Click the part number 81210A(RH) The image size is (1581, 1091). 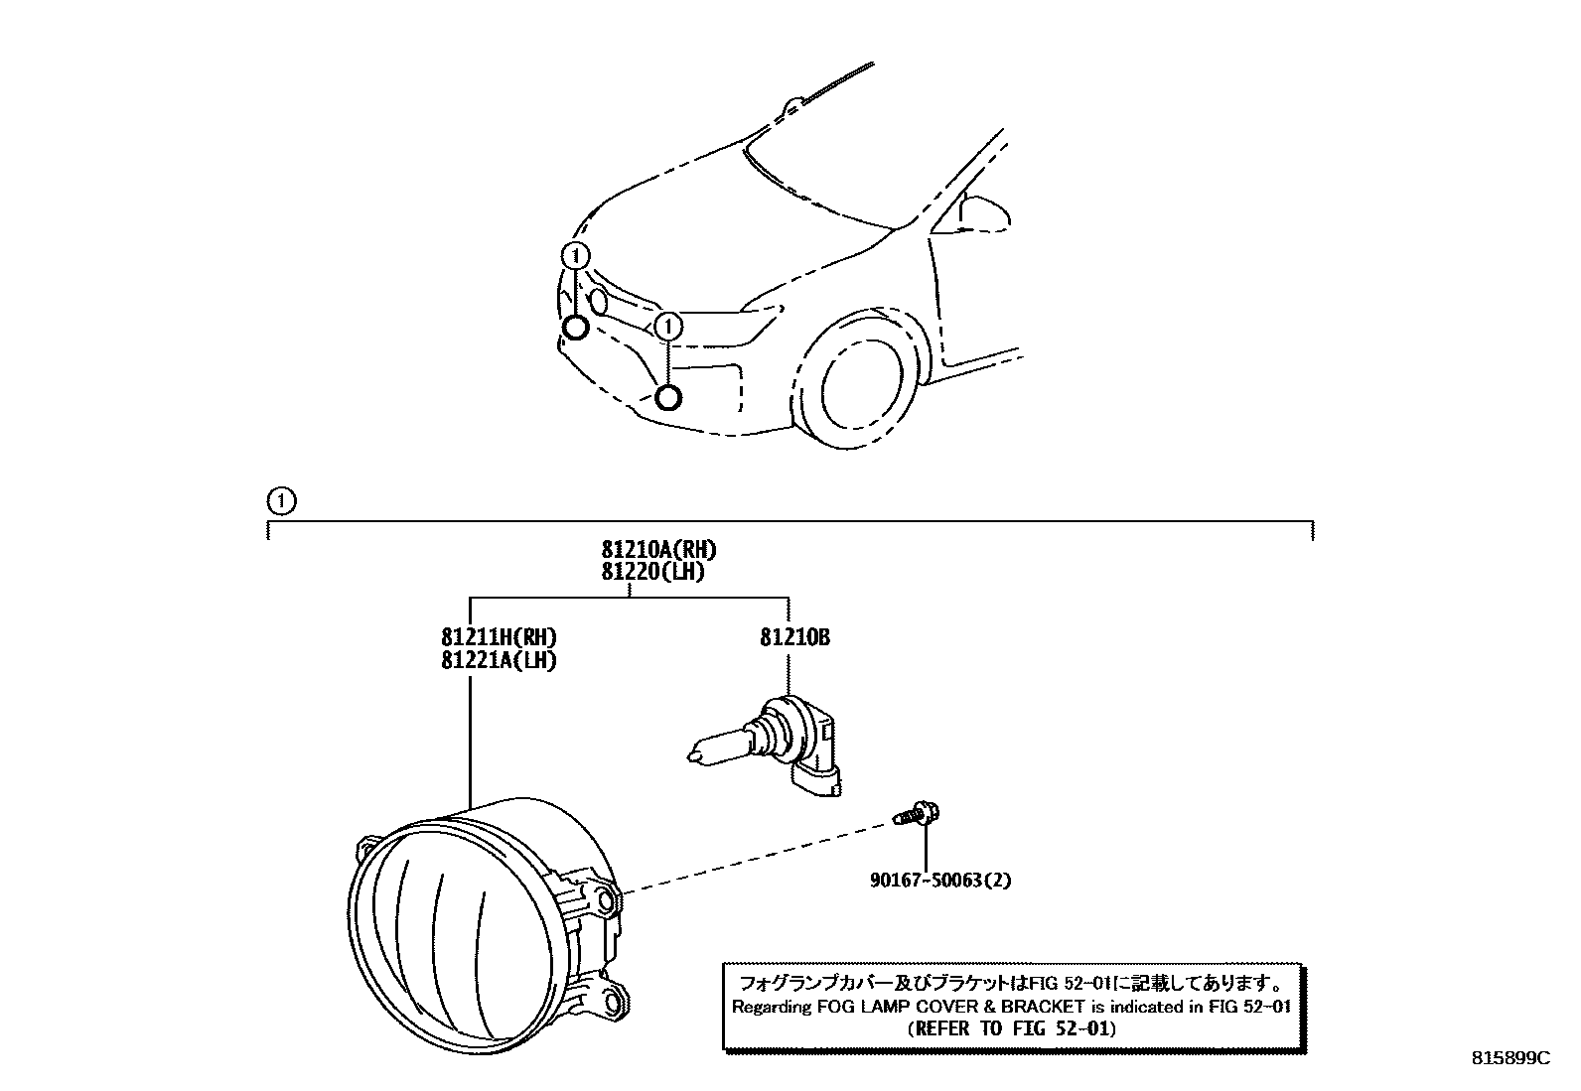pos(657,549)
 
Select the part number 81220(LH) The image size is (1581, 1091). pos(652,572)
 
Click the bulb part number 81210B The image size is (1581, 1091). pos(794,637)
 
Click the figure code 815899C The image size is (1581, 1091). pos(1509,1058)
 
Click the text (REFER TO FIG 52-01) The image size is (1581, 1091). pos(1011,1028)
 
